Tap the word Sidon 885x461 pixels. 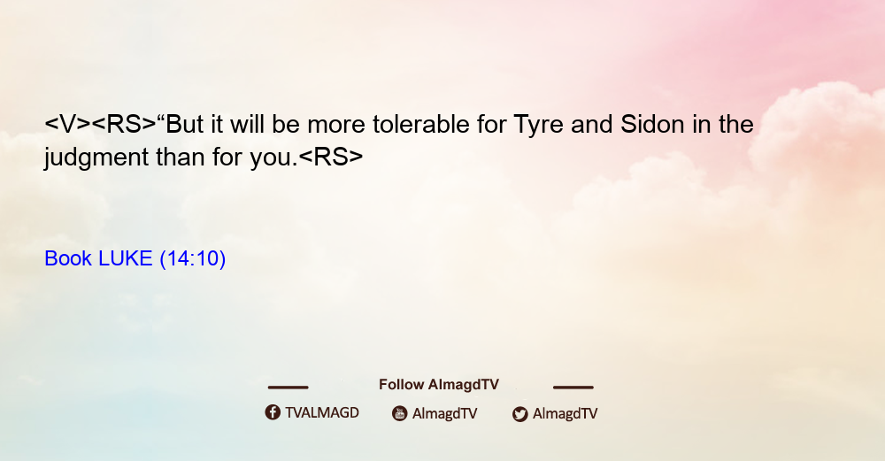(652, 124)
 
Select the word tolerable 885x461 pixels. (421, 124)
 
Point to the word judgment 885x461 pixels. (96, 158)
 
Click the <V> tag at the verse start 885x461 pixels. (67, 124)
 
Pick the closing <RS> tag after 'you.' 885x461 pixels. (331, 157)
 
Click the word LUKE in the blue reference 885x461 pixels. (126, 258)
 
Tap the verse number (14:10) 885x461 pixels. (192, 259)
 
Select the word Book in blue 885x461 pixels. (68, 258)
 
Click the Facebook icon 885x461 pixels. (273, 412)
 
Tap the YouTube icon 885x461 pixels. (400, 413)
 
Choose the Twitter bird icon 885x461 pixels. (519, 414)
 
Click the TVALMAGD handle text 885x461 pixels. (322, 413)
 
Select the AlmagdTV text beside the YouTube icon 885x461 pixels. (445, 414)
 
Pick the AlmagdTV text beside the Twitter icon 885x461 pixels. (565, 414)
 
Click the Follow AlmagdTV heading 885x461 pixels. (439, 385)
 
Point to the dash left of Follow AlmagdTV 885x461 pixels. (288, 387)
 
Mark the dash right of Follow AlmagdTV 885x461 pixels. (573, 387)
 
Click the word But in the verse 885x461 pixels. (184, 124)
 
